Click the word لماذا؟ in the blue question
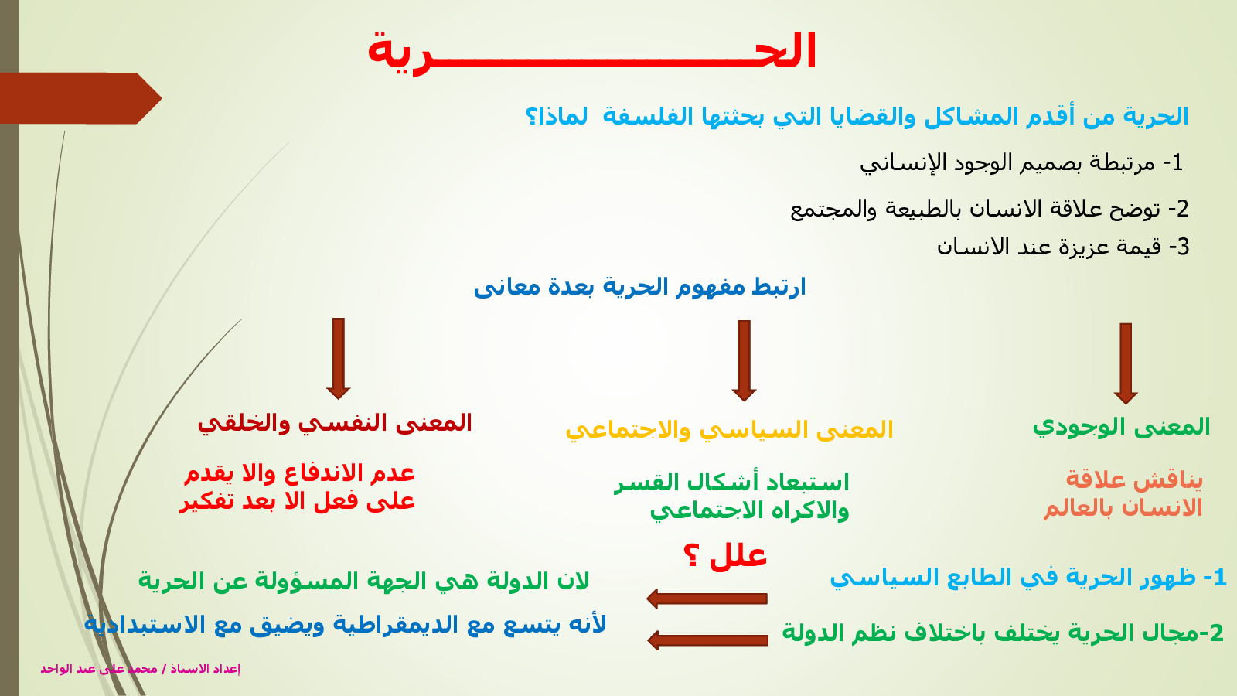pyautogui.click(x=556, y=117)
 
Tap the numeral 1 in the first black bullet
pyautogui.click(x=1177, y=162)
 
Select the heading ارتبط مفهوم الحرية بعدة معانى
pyautogui.click(x=639, y=287)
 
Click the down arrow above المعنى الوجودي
pyautogui.click(x=1126, y=363)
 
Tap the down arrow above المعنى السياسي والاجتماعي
pyautogui.click(x=744, y=360)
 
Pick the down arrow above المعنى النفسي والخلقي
pyautogui.click(x=339, y=359)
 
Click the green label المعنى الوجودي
pyautogui.click(x=1121, y=427)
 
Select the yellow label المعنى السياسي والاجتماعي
pyautogui.click(x=729, y=430)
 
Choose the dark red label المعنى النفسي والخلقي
pyautogui.click(x=335, y=424)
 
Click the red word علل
pyautogui.click(x=738, y=556)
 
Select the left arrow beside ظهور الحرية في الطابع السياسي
pyautogui.click(x=707, y=599)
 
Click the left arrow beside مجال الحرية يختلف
pyautogui.click(x=707, y=640)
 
